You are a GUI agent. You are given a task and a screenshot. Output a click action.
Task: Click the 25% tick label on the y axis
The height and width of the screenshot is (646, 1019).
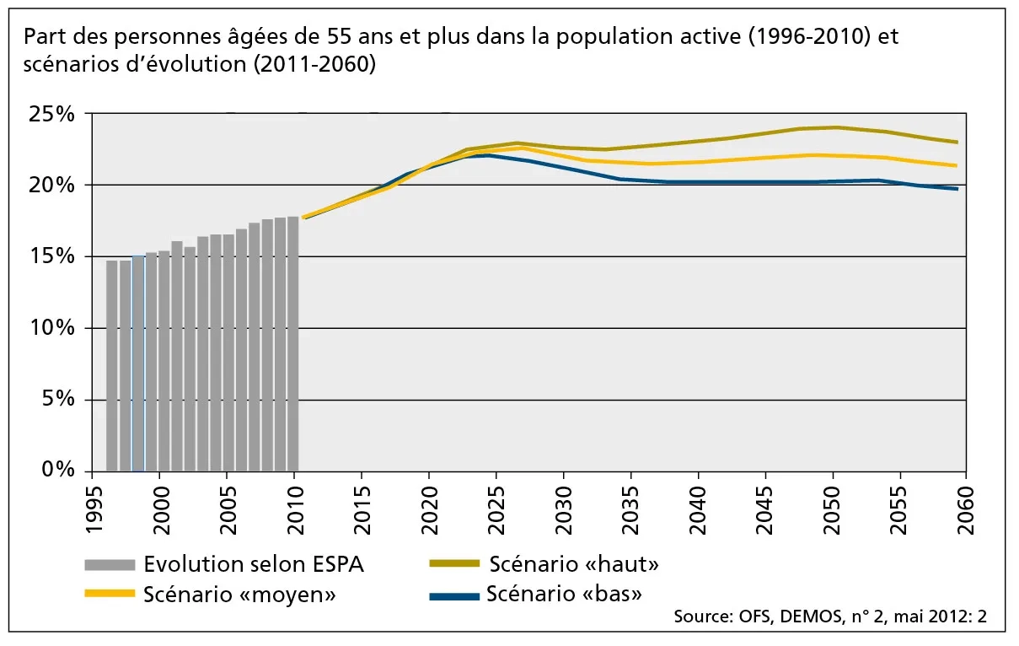point(52,114)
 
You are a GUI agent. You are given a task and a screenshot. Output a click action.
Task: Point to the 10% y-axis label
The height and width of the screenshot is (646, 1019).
point(52,328)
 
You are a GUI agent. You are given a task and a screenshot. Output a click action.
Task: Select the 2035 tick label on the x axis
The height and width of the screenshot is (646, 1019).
point(631,509)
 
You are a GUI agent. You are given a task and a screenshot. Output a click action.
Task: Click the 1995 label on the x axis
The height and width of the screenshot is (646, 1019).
point(92,509)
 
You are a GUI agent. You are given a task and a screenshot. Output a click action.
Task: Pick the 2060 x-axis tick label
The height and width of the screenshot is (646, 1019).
point(966,509)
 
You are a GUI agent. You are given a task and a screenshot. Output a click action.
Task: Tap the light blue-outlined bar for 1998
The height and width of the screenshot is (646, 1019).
point(138,363)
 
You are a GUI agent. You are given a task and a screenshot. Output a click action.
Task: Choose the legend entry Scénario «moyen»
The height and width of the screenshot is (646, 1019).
point(240,594)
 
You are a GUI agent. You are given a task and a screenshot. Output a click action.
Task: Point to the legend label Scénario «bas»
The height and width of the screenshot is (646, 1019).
point(564,594)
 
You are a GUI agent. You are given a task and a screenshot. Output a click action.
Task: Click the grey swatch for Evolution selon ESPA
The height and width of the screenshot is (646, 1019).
point(110,564)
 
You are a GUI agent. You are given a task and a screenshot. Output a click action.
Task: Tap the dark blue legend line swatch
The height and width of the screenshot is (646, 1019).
point(454,596)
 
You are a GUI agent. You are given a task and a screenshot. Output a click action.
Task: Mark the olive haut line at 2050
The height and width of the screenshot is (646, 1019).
point(833,127)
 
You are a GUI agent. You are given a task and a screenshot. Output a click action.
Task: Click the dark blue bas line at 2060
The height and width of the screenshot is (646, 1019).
point(957,188)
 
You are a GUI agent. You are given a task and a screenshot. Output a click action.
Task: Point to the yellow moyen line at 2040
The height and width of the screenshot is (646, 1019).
point(698,161)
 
